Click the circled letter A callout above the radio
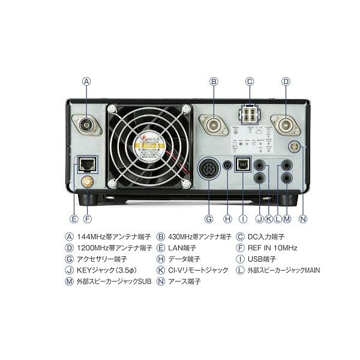click(x=87, y=80)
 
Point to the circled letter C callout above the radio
click(x=250, y=80)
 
